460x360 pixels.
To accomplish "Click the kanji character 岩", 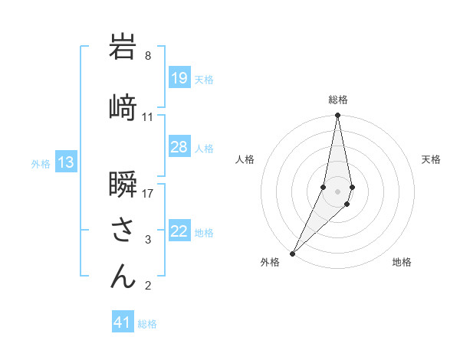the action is [x=123, y=47].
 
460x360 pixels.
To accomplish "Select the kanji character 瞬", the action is [x=123, y=187].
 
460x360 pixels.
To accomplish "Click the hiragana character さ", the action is [x=123, y=231].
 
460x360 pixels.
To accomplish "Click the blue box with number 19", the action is [x=179, y=78].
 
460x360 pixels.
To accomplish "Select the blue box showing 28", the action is [x=179, y=147].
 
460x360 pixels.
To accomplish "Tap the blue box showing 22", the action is [x=179, y=231].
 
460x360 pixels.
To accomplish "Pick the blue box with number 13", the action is [x=66, y=162].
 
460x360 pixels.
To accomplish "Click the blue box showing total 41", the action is [x=123, y=322].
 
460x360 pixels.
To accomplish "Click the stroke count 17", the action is [x=148, y=193].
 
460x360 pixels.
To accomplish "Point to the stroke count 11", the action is [x=148, y=117].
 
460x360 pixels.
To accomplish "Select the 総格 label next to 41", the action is [x=147, y=324].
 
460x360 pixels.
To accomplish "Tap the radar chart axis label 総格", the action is [x=338, y=100].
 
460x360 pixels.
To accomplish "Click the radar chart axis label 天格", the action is [x=431, y=159].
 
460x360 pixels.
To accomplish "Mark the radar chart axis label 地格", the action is [x=402, y=262].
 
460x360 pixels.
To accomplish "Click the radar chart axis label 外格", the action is [x=270, y=262].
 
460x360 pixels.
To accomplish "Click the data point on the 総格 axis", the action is [x=337, y=116].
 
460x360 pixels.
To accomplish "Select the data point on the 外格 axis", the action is [x=292, y=253].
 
